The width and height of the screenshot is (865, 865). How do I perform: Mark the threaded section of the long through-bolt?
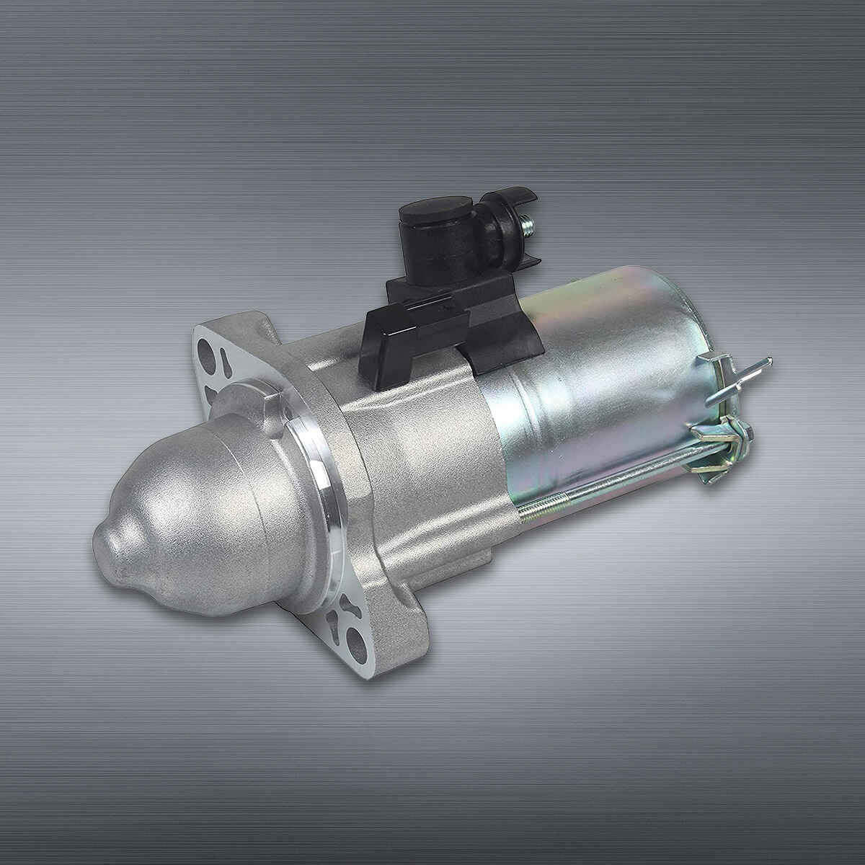[548, 505]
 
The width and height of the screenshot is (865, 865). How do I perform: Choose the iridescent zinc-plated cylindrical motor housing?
[598, 375]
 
